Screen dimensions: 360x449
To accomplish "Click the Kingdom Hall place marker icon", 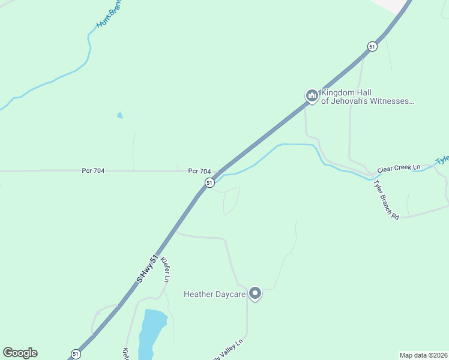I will [x=312, y=96].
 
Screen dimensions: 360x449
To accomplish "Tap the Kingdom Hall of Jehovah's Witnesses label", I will [x=367, y=97].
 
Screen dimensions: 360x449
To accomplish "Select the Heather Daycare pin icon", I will [x=255, y=293].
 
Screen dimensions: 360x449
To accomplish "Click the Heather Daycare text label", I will [x=215, y=294].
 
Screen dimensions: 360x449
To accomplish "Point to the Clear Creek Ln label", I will [x=399, y=169].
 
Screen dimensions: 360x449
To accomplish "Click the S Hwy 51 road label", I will [x=148, y=268].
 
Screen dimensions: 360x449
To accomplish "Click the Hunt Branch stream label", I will [x=109, y=14].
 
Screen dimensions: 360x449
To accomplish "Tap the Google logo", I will [x=20, y=353].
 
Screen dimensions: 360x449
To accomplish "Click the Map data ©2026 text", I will [x=424, y=355].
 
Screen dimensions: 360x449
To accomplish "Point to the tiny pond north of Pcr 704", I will [x=120, y=115].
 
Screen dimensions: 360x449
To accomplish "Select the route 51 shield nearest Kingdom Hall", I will [x=372, y=47].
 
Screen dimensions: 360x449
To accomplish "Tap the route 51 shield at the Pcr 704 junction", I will [x=209, y=182].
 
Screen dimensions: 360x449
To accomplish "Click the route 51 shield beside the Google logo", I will [x=74, y=354].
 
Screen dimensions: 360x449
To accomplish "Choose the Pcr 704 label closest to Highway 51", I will [x=199, y=171].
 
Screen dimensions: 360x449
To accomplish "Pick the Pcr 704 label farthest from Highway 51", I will [x=93, y=171].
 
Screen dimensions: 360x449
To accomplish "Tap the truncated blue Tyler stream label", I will [x=442, y=160].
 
